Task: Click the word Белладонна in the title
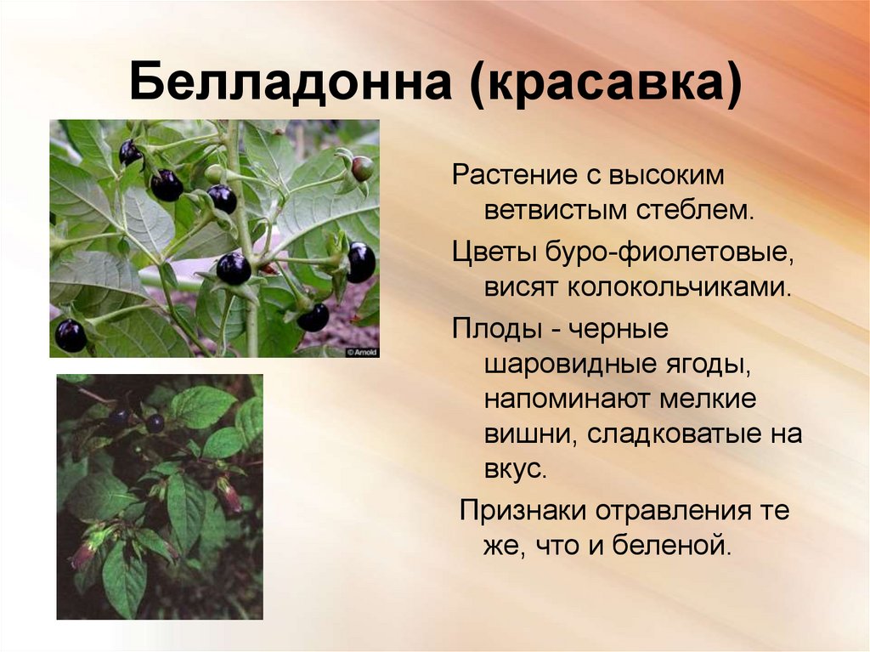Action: pos(291,82)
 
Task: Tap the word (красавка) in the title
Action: pos(605,83)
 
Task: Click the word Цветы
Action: pos(494,252)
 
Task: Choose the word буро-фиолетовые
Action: pos(669,252)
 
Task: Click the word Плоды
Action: pos(496,329)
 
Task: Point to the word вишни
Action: pos(528,434)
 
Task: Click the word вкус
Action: pos(516,470)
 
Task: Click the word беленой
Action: pos(672,546)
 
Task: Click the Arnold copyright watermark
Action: pos(362,352)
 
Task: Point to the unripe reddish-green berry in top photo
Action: pos(362,168)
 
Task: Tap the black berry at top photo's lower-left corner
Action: pos(71,336)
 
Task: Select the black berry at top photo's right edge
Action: pos(361,262)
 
